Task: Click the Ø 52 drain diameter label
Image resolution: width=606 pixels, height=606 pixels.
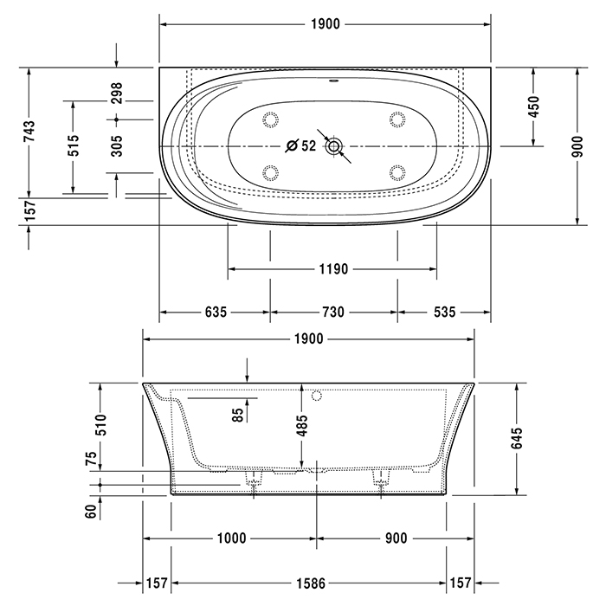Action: click(301, 145)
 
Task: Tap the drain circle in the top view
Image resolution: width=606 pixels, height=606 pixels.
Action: click(334, 146)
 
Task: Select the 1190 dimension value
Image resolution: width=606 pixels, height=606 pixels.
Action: click(333, 268)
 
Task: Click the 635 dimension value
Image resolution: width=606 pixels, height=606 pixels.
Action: click(216, 312)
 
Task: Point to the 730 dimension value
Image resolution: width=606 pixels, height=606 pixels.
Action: click(333, 312)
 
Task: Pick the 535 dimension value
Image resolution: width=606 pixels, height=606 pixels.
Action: click(444, 312)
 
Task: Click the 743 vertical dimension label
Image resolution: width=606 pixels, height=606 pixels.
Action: click(29, 131)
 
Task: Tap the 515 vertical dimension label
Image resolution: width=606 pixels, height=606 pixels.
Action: click(74, 145)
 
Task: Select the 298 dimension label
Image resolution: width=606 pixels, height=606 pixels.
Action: click(117, 93)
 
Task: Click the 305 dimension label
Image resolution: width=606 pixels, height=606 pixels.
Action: click(117, 145)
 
